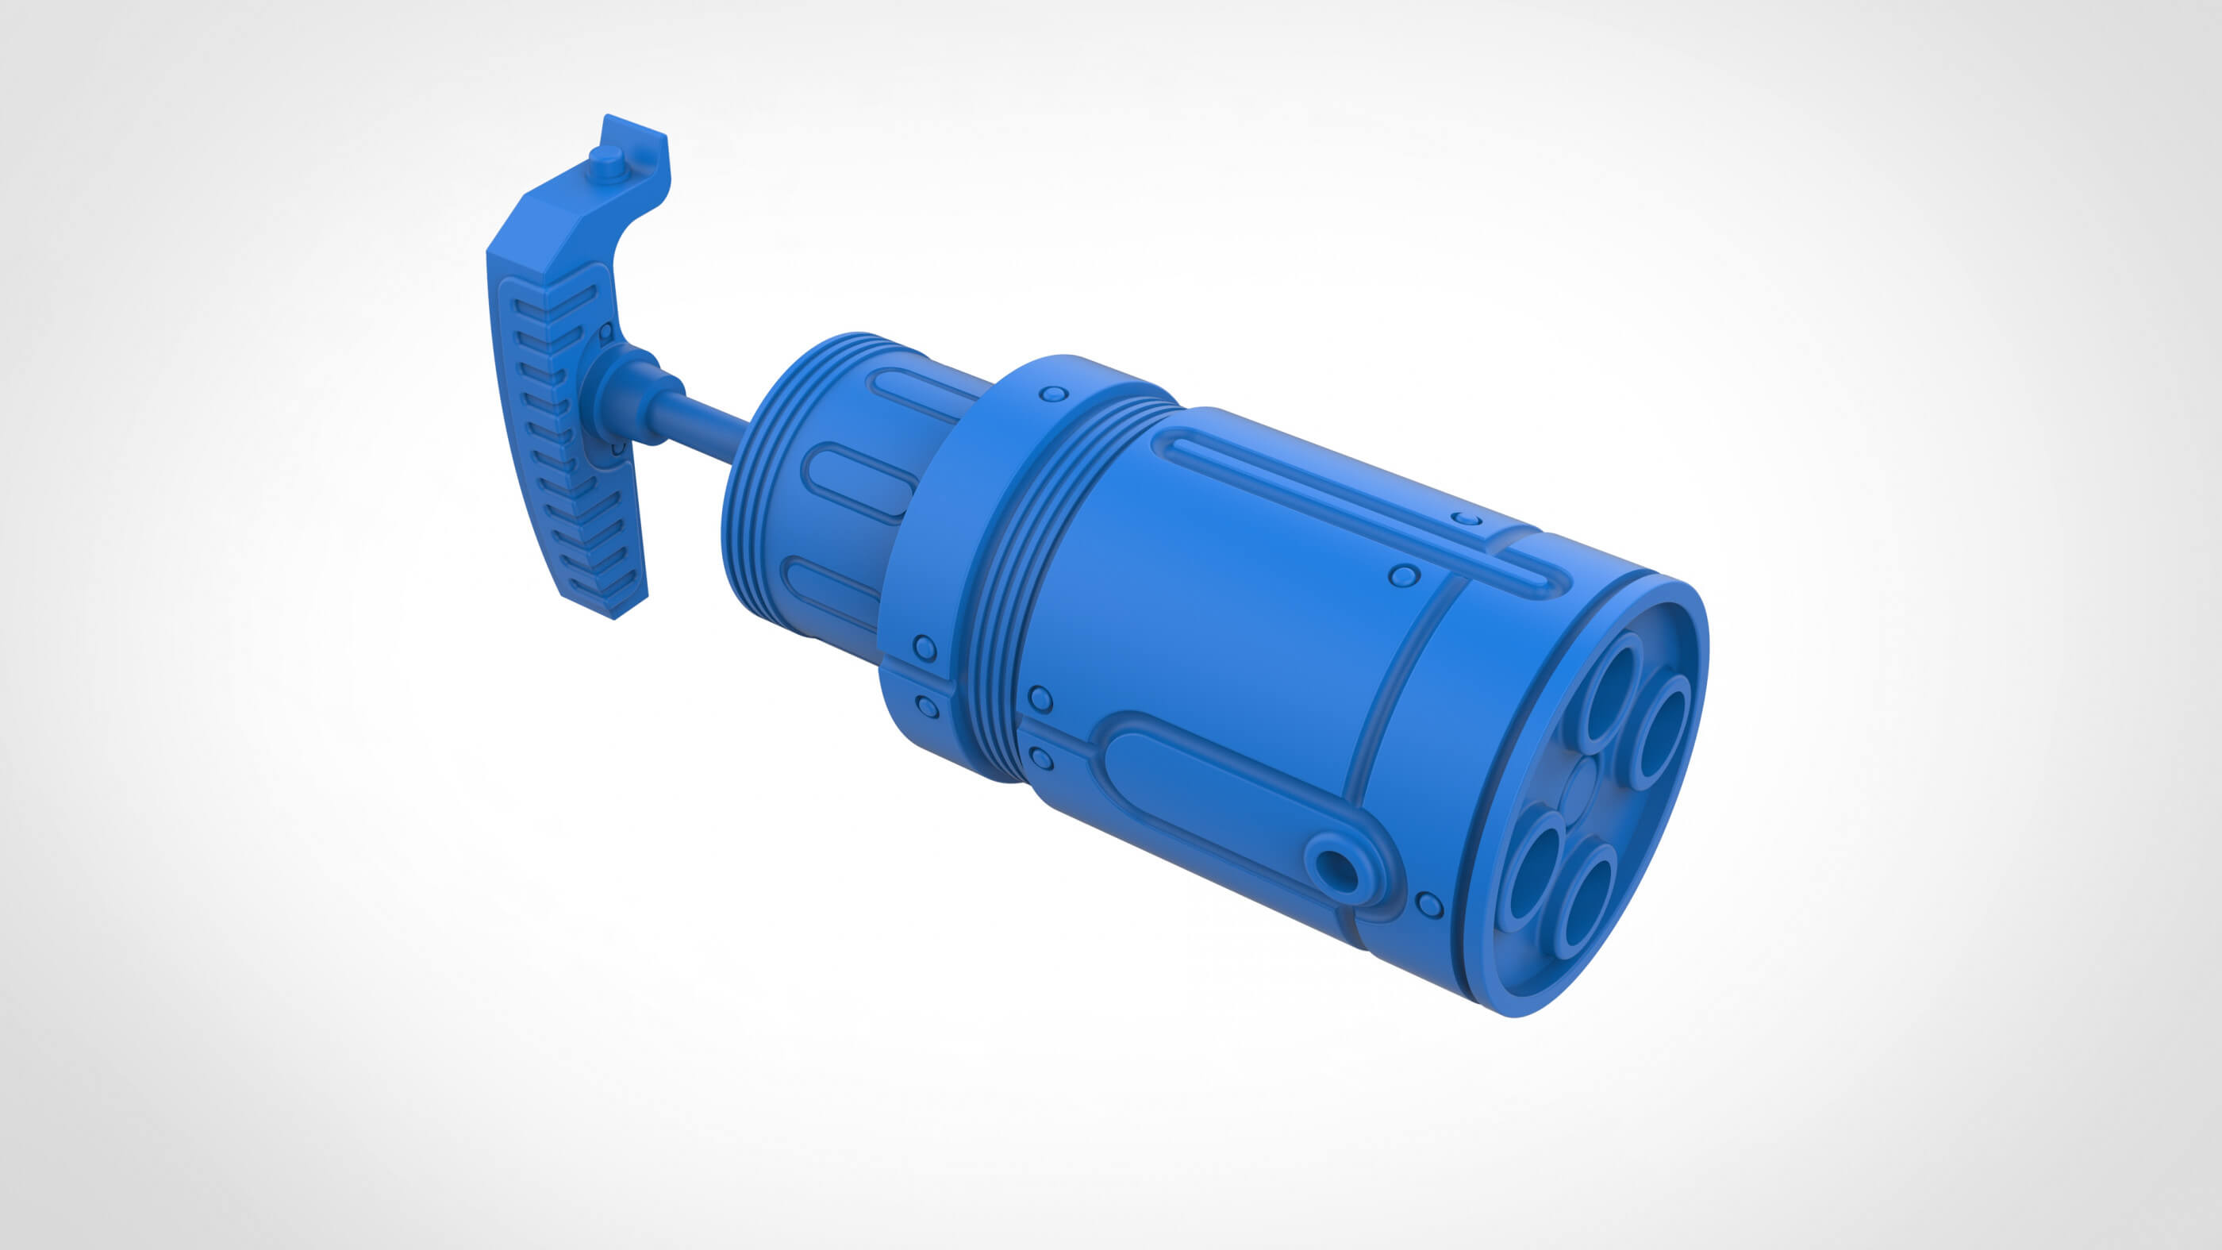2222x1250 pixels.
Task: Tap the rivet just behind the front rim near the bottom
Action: point(1429,905)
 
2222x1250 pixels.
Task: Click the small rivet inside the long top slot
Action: point(1466,518)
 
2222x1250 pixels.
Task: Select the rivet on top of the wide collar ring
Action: point(1051,394)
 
